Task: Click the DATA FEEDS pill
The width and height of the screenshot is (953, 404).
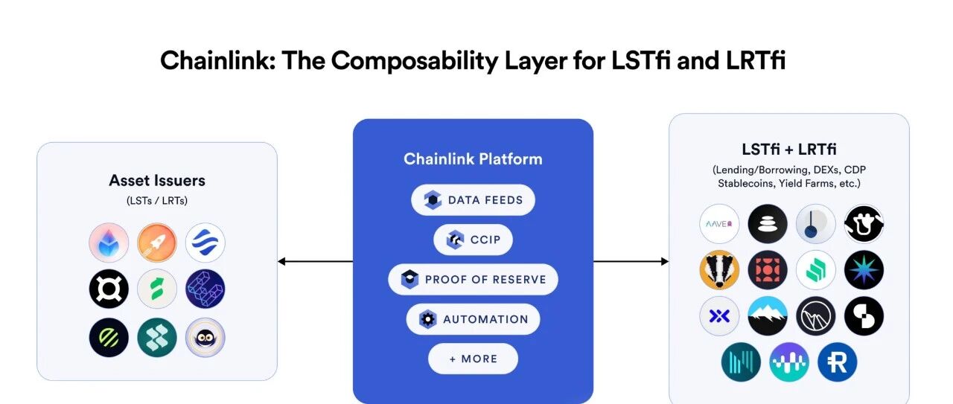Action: [473, 200]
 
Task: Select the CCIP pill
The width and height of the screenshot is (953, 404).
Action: [473, 240]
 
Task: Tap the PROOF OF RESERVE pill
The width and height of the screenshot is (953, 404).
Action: [473, 280]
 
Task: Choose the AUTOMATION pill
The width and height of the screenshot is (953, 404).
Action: [473, 319]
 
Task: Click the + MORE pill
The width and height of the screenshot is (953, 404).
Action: [473, 359]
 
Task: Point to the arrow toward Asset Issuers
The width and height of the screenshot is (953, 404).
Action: [315, 261]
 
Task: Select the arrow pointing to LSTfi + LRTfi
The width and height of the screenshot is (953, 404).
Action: [631, 261]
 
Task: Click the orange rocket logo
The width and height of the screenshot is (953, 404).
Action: [157, 243]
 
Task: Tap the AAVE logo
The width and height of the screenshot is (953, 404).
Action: [719, 224]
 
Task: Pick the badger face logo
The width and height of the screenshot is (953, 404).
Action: [719, 270]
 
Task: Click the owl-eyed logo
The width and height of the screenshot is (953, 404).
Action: [205, 337]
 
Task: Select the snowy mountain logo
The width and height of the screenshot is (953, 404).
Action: [768, 316]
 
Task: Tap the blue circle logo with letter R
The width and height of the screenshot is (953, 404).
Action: [838, 362]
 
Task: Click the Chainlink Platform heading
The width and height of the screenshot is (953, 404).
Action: [473, 159]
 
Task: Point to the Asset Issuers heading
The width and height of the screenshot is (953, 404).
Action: [157, 181]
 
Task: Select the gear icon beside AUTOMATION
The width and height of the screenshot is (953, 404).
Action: [427, 319]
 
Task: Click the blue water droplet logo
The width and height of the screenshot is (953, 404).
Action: [109, 243]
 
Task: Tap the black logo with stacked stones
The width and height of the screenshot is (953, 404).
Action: [768, 224]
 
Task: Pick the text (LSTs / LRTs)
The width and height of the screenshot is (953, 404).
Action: [157, 201]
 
